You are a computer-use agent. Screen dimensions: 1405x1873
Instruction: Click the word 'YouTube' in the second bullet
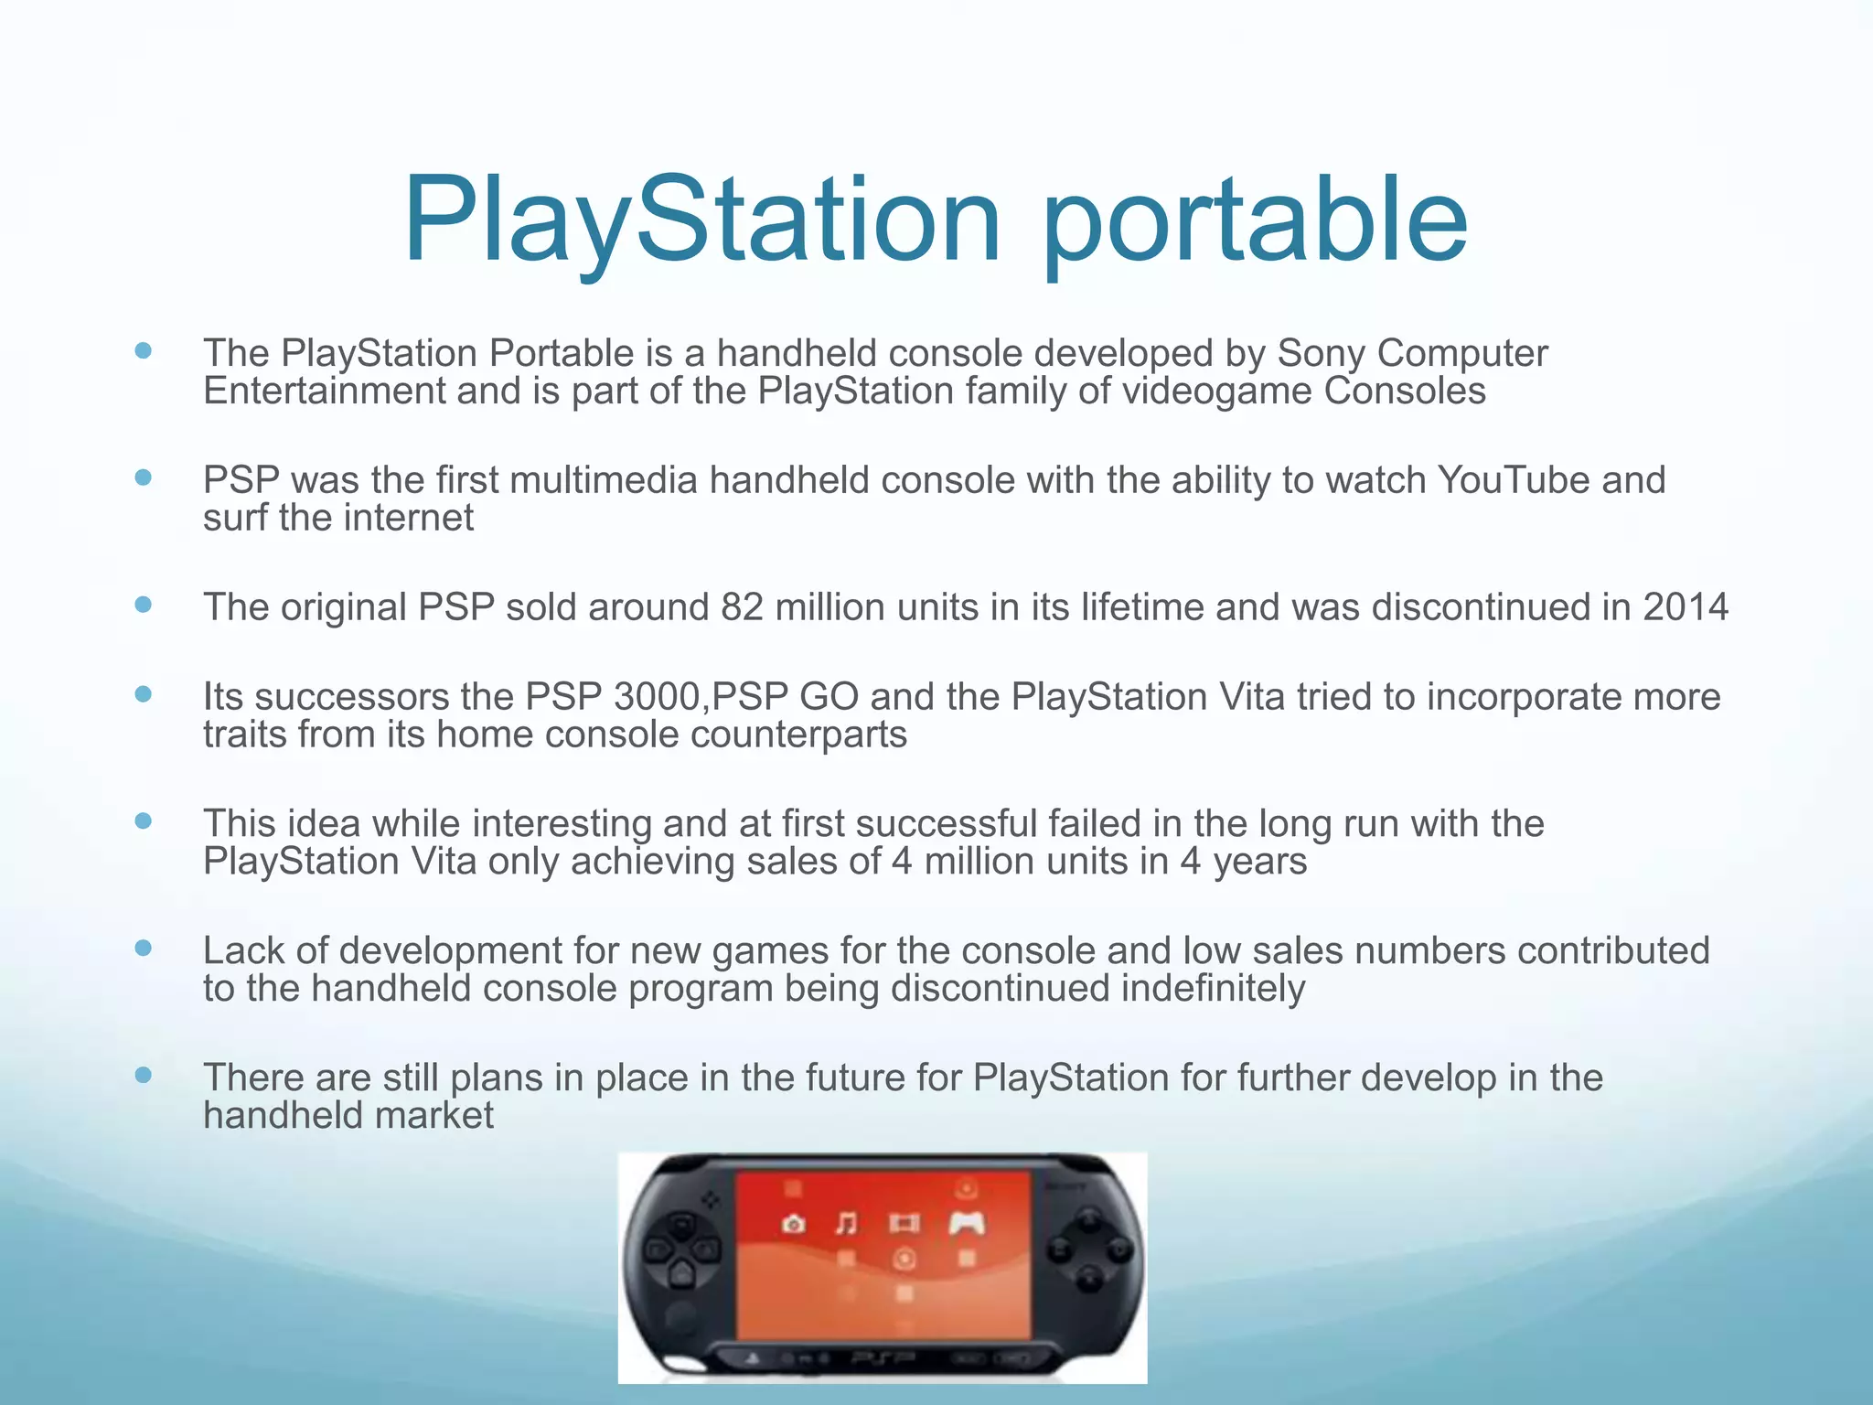pos(1513,480)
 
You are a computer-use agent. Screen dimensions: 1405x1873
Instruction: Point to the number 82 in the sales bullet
pos(742,607)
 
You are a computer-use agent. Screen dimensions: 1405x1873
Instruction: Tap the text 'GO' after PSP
pos(829,697)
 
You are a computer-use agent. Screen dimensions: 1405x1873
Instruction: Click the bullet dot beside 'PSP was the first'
pos(143,477)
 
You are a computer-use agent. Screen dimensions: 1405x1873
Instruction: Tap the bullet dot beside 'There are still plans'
pos(143,1075)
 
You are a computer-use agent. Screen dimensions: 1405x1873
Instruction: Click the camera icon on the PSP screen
pos(793,1224)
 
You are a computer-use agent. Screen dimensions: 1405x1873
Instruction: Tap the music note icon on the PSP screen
pos(847,1223)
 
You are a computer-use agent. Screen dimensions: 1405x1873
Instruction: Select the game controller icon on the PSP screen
pos(967,1223)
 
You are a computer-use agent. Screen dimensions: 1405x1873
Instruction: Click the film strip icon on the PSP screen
pos(904,1223)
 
